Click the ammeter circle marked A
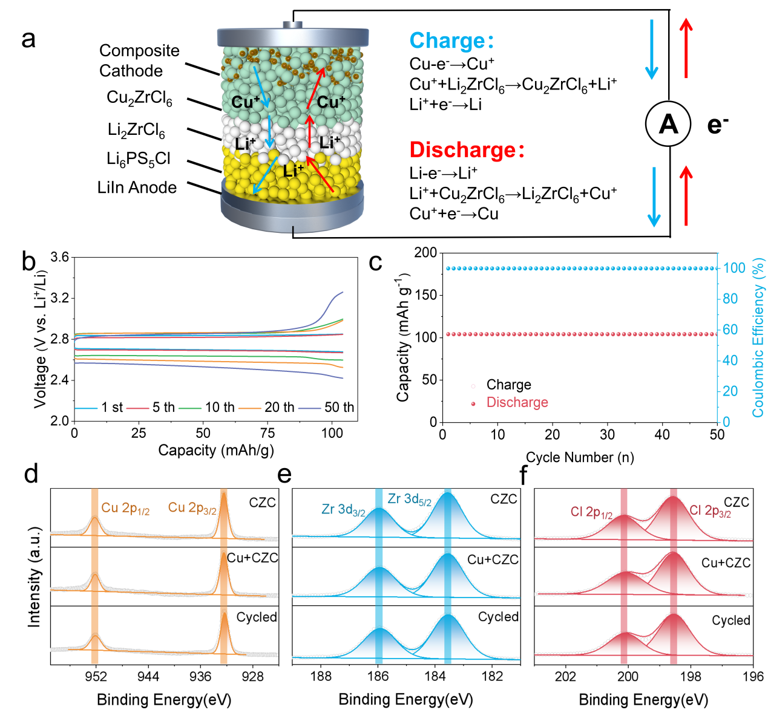(668, 124)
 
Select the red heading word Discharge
(463, 150)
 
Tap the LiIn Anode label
(137, 187)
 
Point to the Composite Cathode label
(139, 60)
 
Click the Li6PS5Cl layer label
(139, 159)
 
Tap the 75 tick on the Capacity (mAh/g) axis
(267, 433)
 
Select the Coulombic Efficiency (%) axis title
(758, 337)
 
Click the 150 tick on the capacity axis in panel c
(425, 295)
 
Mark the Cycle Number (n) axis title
(580, 457)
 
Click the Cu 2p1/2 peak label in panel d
(125, 509)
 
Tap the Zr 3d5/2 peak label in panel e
(410, 500)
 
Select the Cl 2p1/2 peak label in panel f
(591, 513)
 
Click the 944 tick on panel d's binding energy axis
(148, 676)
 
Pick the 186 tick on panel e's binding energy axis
(378, 676)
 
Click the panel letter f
(524, 476)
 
